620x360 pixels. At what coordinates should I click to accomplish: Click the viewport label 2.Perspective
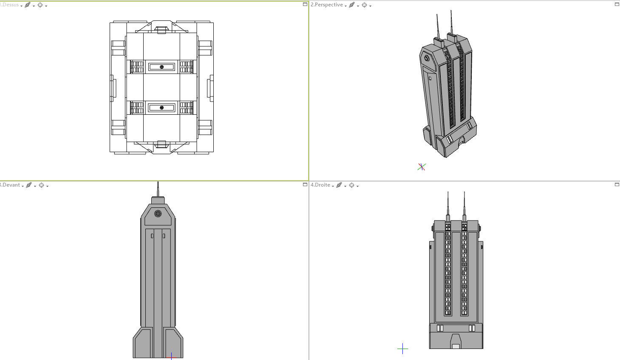point(326,5)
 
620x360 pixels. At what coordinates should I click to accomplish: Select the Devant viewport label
point(10,185)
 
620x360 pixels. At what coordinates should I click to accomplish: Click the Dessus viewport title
point(10,5)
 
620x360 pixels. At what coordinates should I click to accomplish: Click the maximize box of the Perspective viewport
point(617,4)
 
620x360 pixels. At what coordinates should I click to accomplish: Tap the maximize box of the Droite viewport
point(617,184)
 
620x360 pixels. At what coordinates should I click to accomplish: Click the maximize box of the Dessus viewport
point(305,4)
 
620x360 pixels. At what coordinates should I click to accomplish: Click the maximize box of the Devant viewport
point(305,184)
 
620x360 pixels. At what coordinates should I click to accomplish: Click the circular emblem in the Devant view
point(158,213)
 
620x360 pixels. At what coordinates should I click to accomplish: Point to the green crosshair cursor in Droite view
point(402,349)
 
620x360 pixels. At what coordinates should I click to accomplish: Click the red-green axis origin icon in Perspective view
point(421,167)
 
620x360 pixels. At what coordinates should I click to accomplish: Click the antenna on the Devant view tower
point(158,189)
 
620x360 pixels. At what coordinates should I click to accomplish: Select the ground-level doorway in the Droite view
point(456,342)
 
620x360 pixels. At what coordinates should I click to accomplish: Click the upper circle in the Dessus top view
point(161,67)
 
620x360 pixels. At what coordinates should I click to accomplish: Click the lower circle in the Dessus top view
point(161,108)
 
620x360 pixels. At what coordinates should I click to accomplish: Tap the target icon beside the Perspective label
point(364,5)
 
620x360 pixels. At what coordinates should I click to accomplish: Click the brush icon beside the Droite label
point(339,185)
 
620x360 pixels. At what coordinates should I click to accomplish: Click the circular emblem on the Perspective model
point(426,58)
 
